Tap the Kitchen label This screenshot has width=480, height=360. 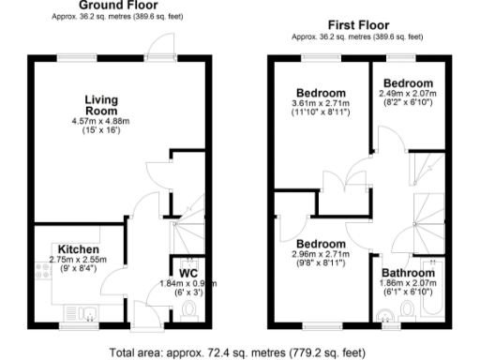click(79, 248)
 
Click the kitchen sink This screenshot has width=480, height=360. click(82, 312)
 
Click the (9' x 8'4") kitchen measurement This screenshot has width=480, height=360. click(79, 268)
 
